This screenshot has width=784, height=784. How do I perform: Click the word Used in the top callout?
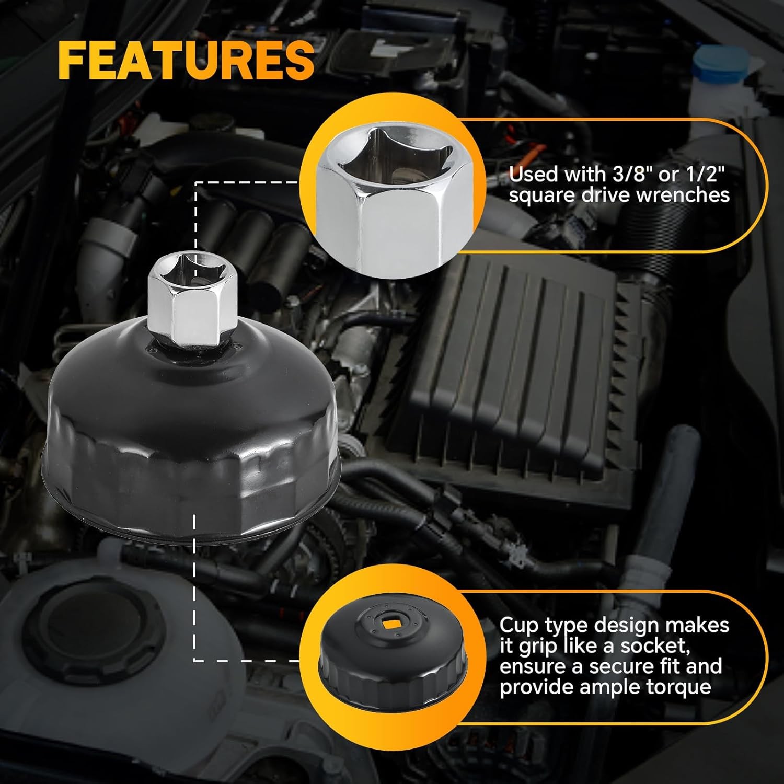tap(531, 174)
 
